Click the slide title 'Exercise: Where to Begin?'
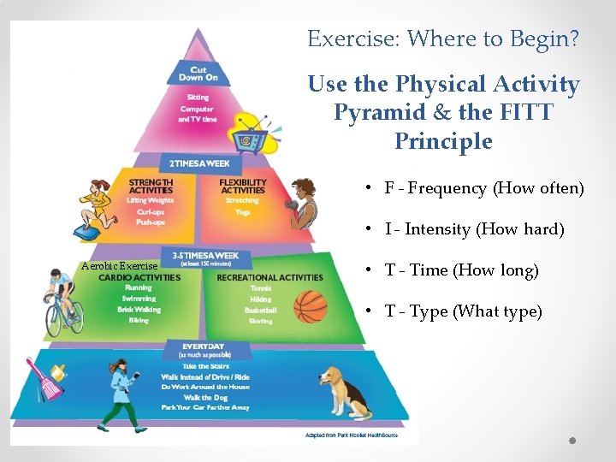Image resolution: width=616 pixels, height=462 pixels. pos(443,38)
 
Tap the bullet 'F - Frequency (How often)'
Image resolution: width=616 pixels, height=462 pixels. pos(484,188)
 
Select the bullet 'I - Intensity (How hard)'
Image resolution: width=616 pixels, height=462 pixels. pos(475,229)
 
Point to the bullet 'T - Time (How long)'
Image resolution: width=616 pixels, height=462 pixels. pos(462,270)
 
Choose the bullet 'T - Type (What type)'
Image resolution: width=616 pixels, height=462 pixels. pos(464,311)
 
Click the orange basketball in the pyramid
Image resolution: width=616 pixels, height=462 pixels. pos(311,305)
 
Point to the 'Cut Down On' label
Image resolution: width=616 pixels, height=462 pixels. pos(198,74)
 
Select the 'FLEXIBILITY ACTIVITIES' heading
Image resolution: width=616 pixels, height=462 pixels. pos(242,186)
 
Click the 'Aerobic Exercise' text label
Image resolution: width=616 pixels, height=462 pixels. pos(119,266)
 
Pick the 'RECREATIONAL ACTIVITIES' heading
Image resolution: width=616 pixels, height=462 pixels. pos(269,277)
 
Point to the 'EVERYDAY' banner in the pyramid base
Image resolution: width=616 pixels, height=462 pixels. pos(203,346)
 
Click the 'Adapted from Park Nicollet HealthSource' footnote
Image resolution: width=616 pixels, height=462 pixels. pos(351,435)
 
